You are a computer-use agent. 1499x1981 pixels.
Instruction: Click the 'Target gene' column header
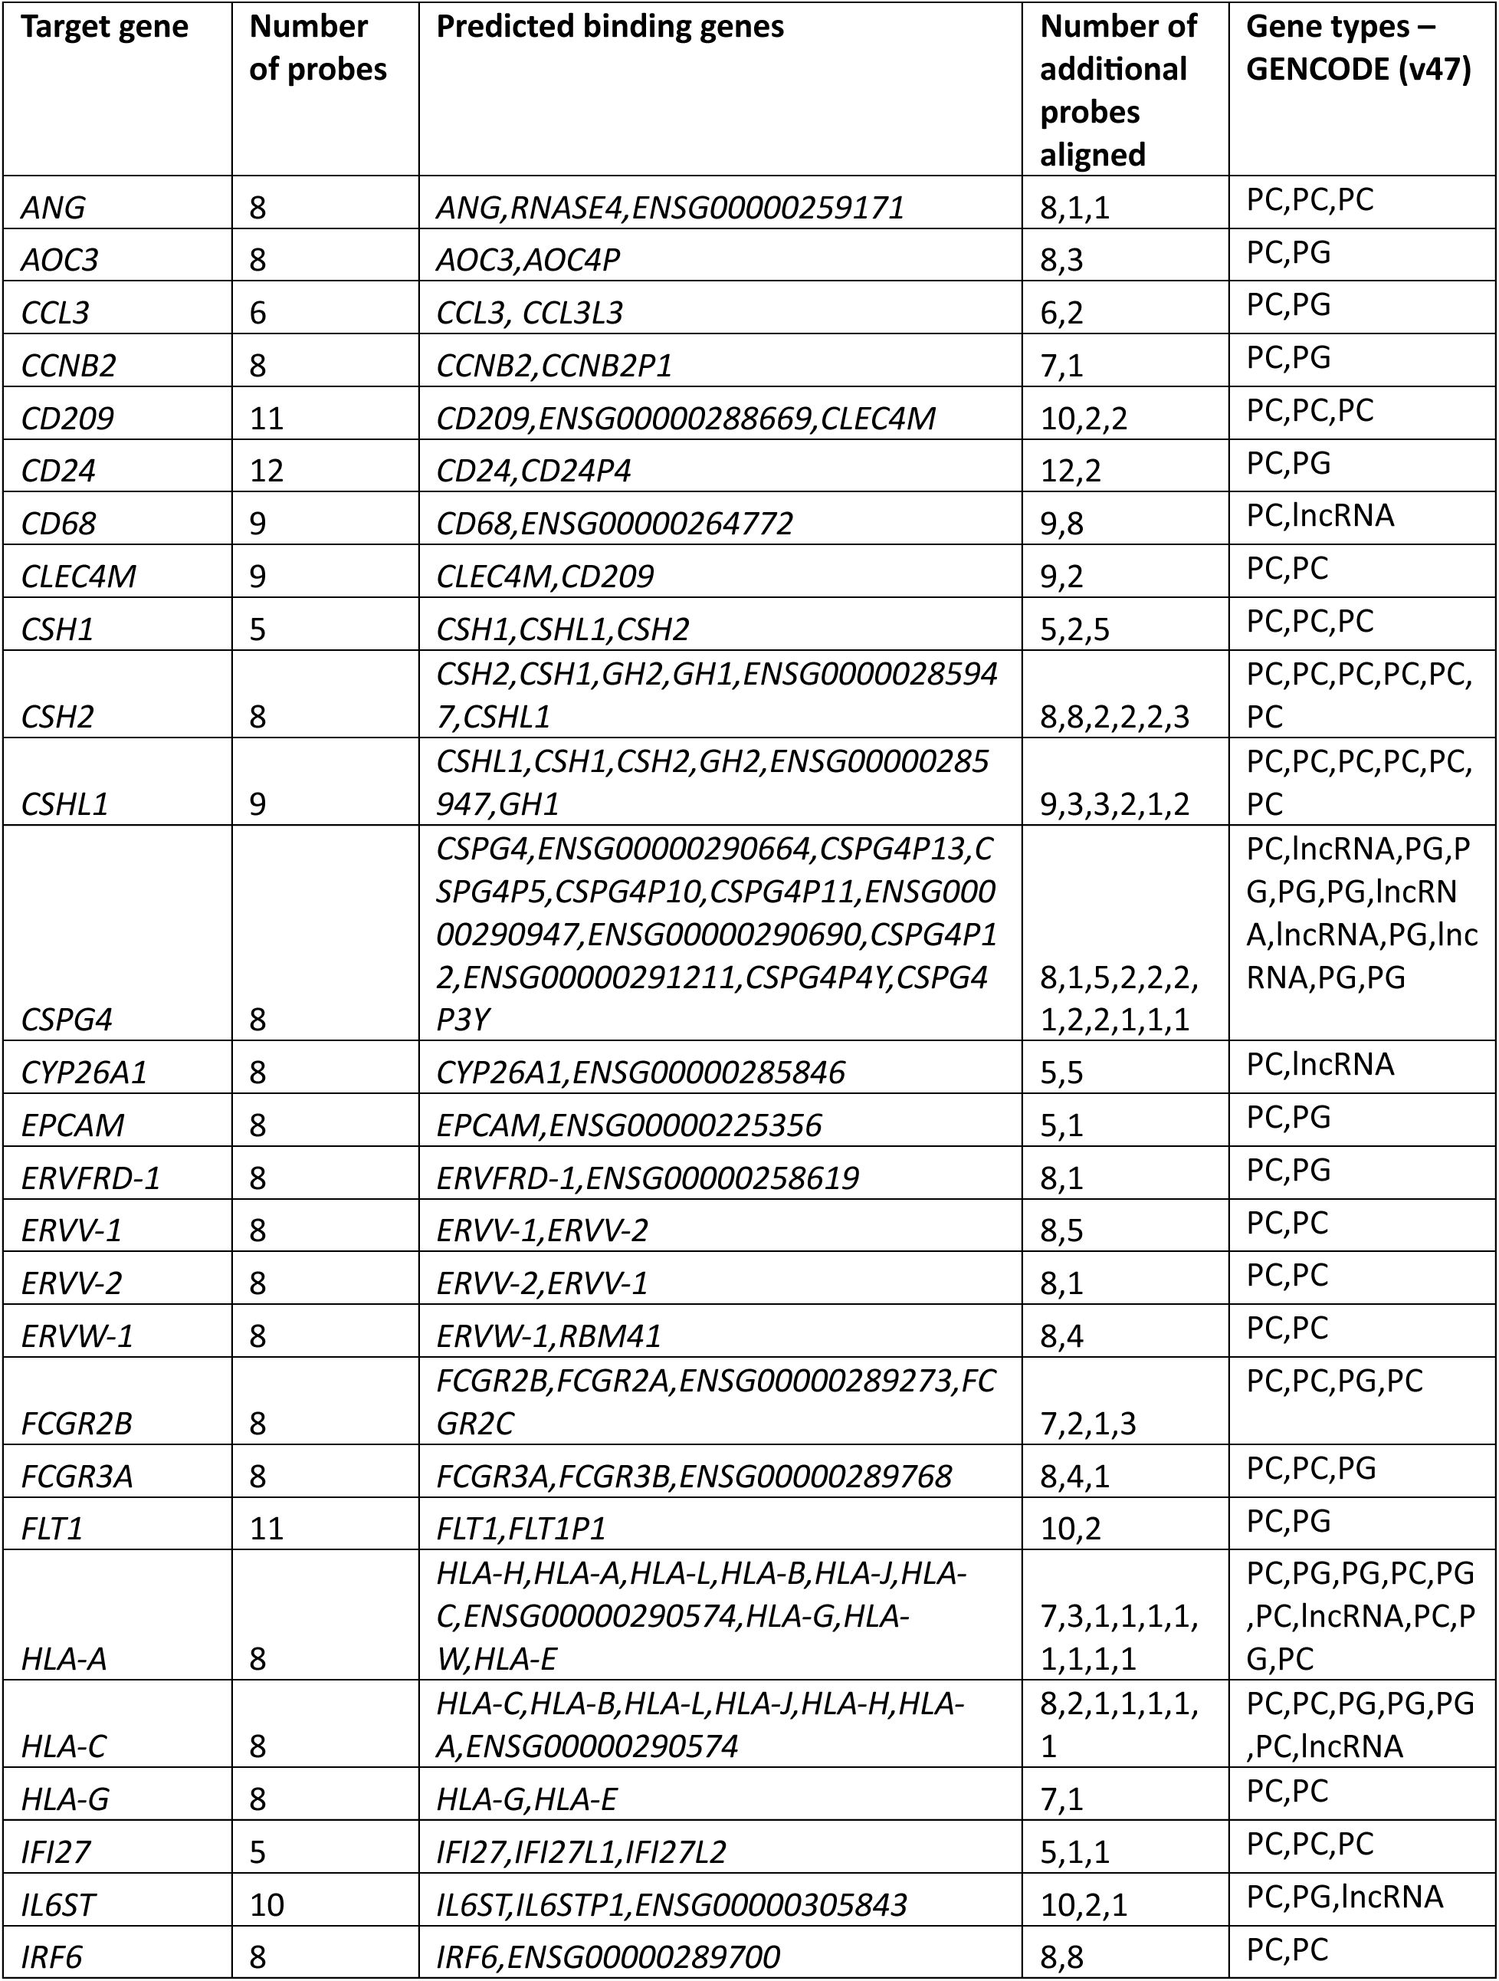tap(105, 28)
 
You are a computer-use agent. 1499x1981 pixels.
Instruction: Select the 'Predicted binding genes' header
tap(610, 28)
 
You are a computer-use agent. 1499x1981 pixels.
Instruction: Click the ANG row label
tap(53, 208)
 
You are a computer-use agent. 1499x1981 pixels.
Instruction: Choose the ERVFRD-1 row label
tap(90, 1178)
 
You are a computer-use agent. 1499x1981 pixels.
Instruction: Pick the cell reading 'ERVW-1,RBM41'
tap(548, 1336)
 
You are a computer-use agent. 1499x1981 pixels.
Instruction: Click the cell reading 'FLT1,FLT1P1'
tap(521, 1528)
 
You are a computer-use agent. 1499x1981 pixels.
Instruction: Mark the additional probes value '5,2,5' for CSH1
tap(1074, 629)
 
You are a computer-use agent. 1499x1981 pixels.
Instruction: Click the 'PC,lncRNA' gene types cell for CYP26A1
tap(1319, 1064)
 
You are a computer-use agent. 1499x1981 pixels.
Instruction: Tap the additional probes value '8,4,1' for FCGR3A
tap(1074, 1476)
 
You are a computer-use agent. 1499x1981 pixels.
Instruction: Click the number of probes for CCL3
tap(258, 313)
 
